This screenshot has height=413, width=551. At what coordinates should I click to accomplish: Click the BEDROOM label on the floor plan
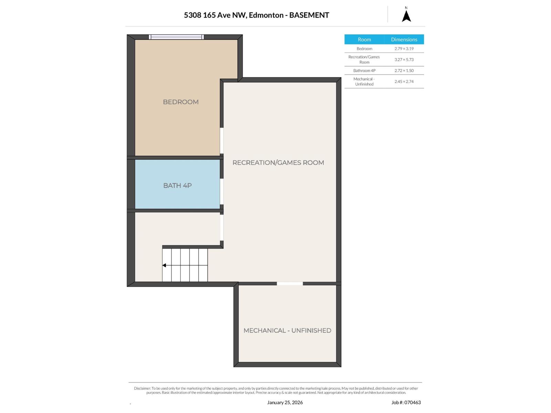point(180,102)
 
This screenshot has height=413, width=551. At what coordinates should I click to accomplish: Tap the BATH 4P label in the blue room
point(177,185)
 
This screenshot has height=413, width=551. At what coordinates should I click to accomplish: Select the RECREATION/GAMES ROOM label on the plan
point(278,162)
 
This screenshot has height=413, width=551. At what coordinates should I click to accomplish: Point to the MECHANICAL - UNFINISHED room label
point(287,330)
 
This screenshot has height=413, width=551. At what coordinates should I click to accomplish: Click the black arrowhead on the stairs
point(164,265)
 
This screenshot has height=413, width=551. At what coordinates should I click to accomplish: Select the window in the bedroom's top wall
point(176,37)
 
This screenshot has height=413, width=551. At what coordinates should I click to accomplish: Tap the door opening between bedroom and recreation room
point(222,140)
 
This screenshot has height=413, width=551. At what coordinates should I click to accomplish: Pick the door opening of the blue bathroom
point(222,191)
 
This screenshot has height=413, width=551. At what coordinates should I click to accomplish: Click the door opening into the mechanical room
point(290,283)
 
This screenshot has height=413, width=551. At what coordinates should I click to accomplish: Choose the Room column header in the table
point(364,39)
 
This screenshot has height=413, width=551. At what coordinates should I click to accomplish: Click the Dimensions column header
point(404,39)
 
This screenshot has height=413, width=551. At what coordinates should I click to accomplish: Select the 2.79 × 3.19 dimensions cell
point(404,49)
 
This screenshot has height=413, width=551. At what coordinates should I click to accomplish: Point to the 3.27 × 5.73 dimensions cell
point(404,60)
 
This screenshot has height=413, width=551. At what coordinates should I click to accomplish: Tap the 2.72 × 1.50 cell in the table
point(404,71)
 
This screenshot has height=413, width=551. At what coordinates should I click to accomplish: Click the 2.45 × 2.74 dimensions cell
point(404,82)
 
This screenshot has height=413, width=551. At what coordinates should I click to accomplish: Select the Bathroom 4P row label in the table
point(364,71)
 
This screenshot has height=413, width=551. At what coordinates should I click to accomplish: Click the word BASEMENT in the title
point(309,15)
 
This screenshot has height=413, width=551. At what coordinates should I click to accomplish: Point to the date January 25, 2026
point(285,402)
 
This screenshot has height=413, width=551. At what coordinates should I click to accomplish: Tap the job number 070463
point(413,402)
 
